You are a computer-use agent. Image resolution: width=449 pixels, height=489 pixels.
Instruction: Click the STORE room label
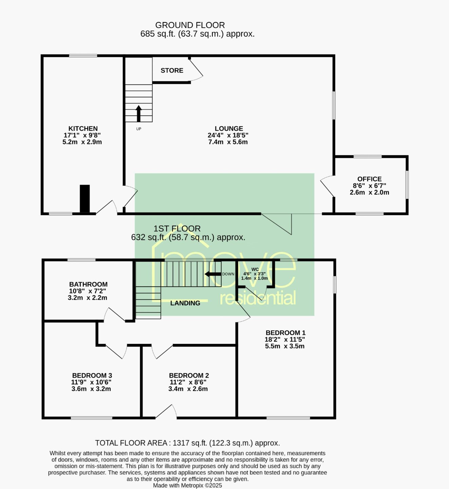click(172, 70)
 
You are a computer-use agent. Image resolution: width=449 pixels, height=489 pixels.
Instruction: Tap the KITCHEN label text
click(83, 128)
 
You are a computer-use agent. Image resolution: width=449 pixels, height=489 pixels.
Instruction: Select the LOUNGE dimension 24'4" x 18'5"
click(228, 135)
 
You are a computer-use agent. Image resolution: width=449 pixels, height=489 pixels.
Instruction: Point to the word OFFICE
click(369, 179)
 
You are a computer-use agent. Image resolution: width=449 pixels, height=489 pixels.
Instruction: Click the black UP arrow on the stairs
click(138, 114)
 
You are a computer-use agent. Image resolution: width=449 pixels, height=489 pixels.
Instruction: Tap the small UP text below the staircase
click(138, 129)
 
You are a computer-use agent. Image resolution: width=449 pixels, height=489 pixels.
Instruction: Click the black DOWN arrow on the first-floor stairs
click(213, 274)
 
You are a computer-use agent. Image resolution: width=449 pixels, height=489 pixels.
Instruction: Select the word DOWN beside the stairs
click(228, 274)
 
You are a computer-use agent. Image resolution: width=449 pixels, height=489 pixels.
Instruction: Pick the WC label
click(255, 269)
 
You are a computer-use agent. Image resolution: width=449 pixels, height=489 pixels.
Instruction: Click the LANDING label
click(185, 303)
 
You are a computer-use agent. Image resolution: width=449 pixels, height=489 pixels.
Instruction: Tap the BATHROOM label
click(88, 284)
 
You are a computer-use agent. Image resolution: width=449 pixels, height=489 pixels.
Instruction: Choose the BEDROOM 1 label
click(285, 333)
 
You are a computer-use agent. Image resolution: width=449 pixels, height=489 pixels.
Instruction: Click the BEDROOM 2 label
click(189, 375)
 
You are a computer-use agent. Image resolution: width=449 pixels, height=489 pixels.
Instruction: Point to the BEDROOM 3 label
click(92, 375)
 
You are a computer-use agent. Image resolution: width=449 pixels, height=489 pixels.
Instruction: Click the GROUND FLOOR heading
click(190, 25)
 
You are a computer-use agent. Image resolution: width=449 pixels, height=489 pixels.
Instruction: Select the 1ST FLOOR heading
click(177, 229)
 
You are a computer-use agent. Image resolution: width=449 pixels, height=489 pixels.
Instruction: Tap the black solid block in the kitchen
click(85, 198)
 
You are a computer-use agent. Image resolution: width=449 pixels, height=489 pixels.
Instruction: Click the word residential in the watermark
click(258, 298)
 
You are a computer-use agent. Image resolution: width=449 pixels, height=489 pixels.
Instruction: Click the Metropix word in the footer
click(192, 485)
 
